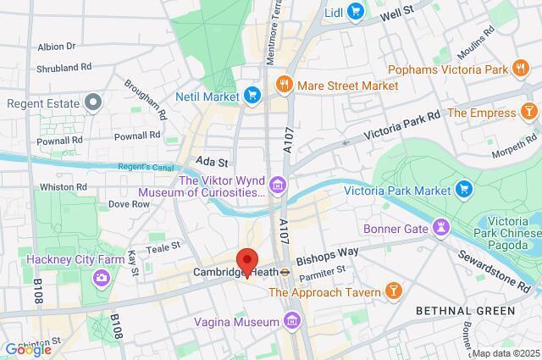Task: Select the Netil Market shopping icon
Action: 252,95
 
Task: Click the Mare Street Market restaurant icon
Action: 284,85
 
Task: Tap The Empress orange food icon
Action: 528,112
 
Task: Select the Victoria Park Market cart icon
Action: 463,188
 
